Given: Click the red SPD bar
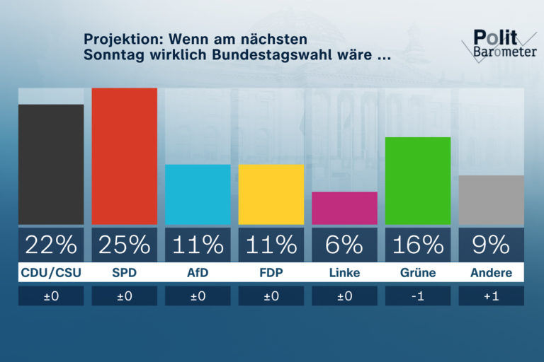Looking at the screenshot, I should [125, 156].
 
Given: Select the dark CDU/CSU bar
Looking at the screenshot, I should [51, 164].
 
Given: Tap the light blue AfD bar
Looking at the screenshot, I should [198, 194].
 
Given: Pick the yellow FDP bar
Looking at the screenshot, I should [271, 194].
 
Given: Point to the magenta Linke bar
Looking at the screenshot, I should [344, 208].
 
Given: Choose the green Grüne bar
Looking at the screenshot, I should [418, 180].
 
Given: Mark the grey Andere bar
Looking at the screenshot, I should [492, 200].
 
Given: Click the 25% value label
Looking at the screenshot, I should [125, 244].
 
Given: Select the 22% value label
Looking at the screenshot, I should [51, 244].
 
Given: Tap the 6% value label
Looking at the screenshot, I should [344, 244].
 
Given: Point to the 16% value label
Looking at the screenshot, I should [418, 244].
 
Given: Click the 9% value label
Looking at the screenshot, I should [492, 244].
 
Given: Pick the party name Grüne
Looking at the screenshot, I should [417, 273].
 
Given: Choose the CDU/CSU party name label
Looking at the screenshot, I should [51, 273].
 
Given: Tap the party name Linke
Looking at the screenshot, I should [344, 273].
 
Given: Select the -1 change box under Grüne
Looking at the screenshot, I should [418, 296].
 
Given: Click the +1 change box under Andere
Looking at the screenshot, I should [492, 296].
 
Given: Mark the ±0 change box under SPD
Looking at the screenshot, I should [125, 296].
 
